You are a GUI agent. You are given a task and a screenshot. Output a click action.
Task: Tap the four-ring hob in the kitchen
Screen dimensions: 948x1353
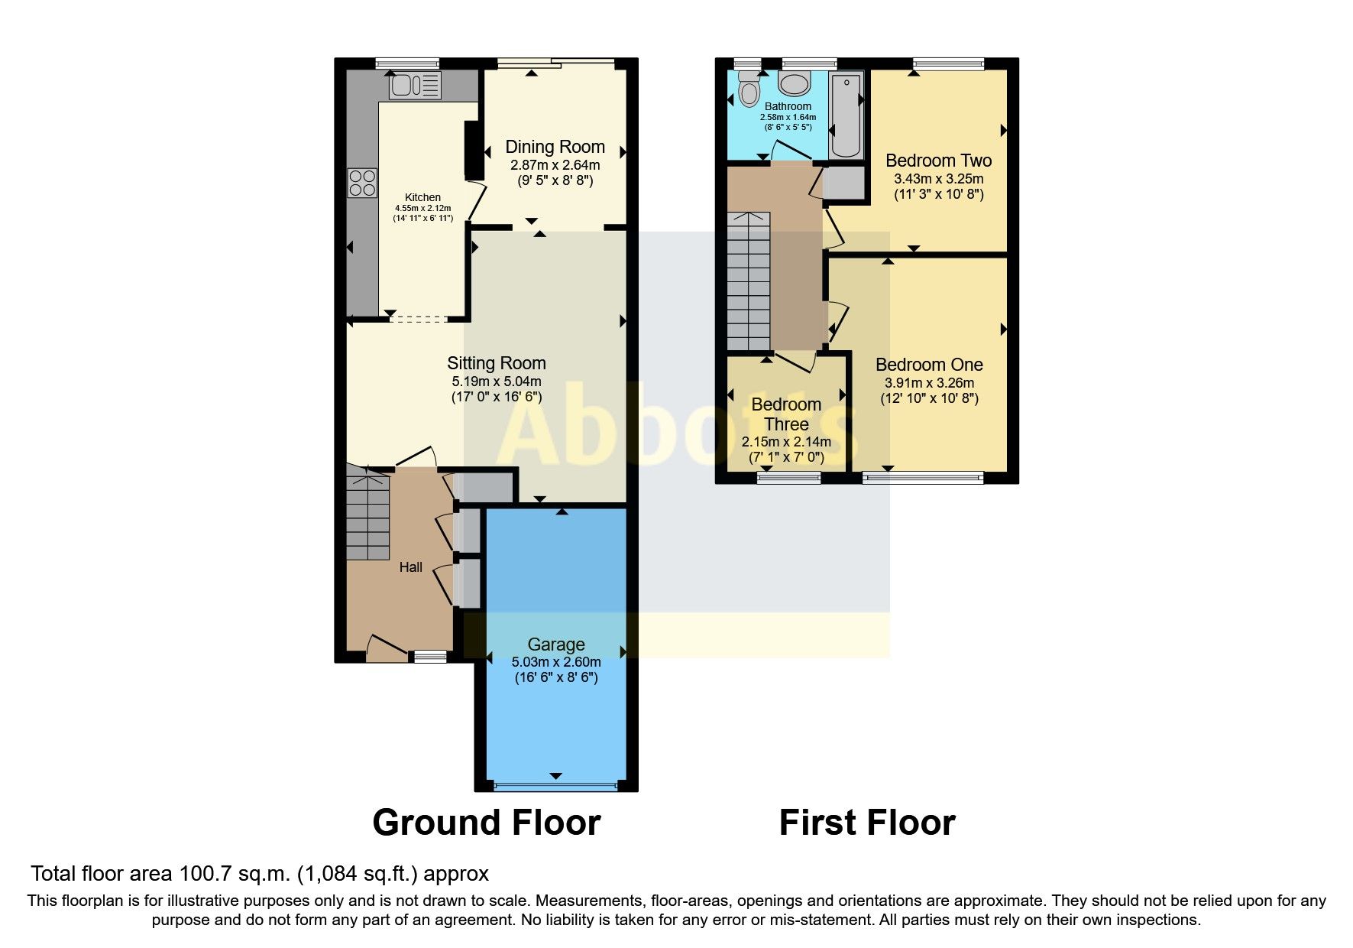pyautogui.click(x=362, y=183)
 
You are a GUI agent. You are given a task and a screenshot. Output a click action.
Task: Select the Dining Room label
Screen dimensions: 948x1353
pyautogui.click(x=555, y=147)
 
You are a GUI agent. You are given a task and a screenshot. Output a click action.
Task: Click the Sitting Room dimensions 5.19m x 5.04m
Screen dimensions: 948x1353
pyautogui.click(x=496, y=381)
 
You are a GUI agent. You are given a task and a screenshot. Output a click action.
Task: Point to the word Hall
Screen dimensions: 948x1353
pyautogui.click(x=411, y=567)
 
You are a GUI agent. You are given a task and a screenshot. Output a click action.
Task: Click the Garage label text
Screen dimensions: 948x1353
pyautogui.click(x=556, y=644)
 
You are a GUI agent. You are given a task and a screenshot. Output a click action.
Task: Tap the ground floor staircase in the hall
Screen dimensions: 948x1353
pyautogui.click(x=368, y=515)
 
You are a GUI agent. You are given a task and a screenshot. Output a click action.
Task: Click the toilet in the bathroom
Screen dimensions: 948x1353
pyautogui.click(x=749, y=91)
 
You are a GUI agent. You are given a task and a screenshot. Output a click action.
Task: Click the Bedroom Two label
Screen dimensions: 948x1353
pyautogui.click(x=938, y=161)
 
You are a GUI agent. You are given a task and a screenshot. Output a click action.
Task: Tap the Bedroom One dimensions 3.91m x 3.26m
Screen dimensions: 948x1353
pyautogui.click(x=929, y=383)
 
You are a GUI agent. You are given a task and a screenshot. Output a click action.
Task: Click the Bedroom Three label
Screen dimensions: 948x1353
pyautogui.click(x=786, y=414)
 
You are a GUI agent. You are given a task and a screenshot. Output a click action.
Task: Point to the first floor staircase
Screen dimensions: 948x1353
pyautogui.click(x=748, y=280)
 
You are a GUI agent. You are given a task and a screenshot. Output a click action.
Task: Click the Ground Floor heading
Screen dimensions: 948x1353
pyautogui.click(x=486, y=823)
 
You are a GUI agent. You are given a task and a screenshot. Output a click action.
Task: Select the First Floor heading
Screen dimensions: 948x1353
pyautogui.click(x=867, y=823)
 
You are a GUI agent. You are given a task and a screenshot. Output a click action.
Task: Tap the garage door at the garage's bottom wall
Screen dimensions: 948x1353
pyautogui.click(x=555, y=785)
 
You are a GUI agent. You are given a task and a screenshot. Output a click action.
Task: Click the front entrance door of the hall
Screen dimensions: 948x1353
pyautogui.click(x=387, y=650)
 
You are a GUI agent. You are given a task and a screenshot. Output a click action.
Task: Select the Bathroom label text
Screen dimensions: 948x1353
pyautogui.click(x=788, y=106)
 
